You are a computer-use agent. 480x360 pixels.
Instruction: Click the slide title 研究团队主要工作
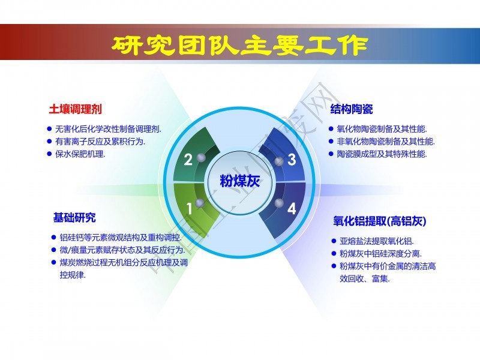coord(239,46)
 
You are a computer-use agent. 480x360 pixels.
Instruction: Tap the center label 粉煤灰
coord(239,181)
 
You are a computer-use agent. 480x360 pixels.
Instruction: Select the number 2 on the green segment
coord(188,160)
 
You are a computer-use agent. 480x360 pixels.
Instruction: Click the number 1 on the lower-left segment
coord(190,208)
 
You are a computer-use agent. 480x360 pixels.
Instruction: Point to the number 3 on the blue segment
coord(292,160)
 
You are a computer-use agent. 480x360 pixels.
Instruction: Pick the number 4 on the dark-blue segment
coord(292,208)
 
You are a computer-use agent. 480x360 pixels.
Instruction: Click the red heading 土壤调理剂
coord(76,109)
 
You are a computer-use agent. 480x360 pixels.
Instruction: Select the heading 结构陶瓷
coord(352,109)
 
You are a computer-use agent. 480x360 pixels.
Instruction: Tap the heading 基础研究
coord(74,218)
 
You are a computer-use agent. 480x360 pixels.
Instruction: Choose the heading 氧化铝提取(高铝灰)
coord(380,221)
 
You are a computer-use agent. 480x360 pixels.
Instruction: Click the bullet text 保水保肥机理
coord(80,154)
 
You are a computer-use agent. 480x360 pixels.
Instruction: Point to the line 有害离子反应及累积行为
coord(100,142)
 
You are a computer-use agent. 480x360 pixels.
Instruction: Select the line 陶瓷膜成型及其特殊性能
coord(382,154)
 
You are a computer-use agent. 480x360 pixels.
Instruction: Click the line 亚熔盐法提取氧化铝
coord(377,241)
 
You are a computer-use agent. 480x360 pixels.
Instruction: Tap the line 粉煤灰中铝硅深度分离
coord(380,254)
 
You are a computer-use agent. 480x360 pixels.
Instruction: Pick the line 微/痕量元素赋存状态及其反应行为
coord(122,250)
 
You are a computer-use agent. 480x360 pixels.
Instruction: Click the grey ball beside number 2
coord(201,158)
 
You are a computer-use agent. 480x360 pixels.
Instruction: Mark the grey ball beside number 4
coord(279,203)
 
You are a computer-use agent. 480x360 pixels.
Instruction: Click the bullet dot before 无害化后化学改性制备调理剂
coord(49,129)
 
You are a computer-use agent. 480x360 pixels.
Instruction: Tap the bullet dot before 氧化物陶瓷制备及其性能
coord(331,129)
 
